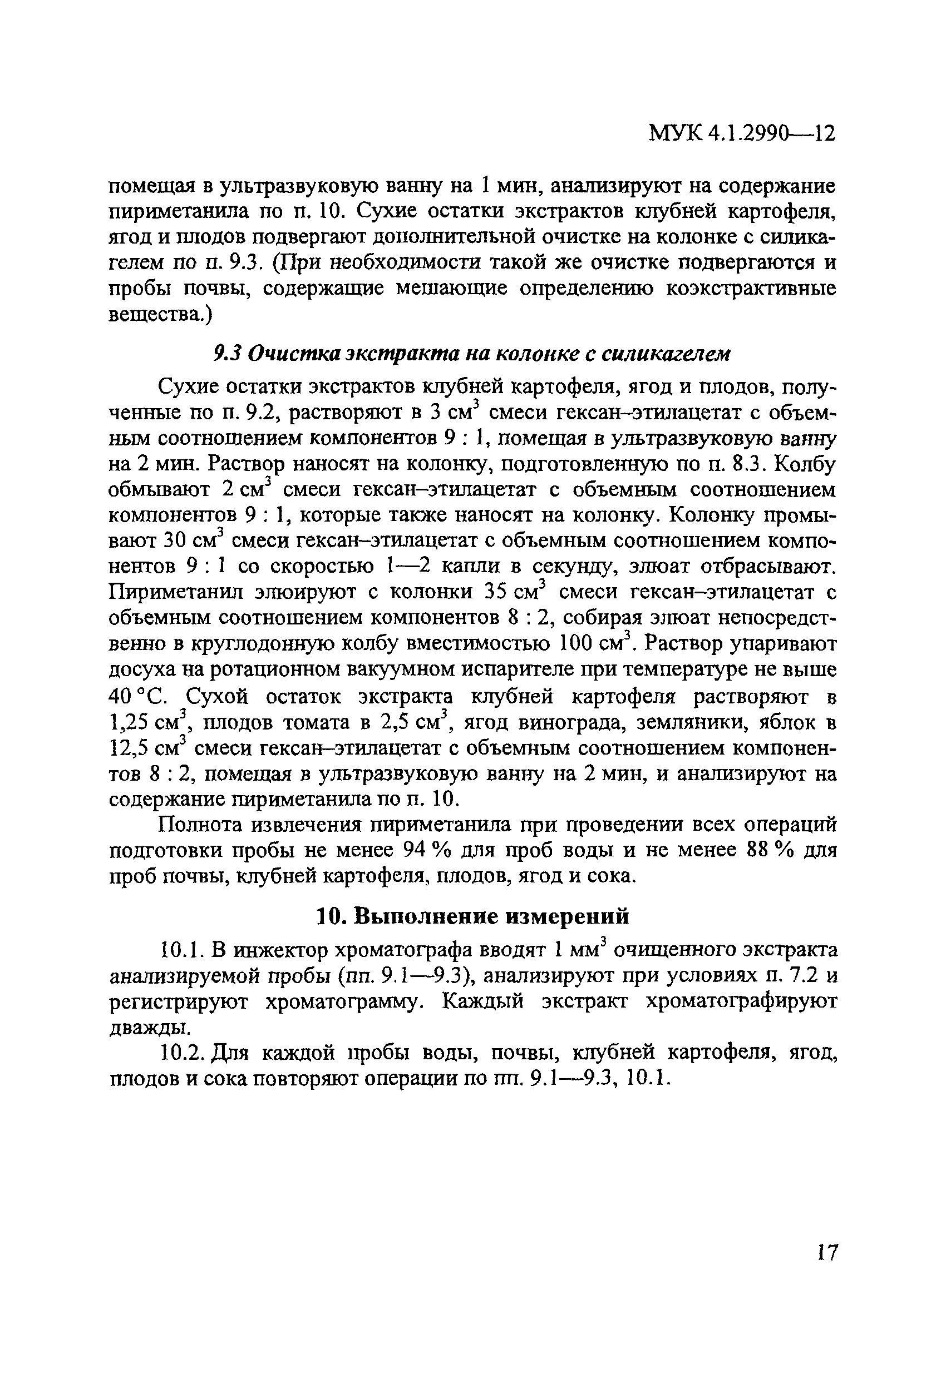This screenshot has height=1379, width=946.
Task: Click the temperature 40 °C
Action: pyautogui.click(x=137, y=696)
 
